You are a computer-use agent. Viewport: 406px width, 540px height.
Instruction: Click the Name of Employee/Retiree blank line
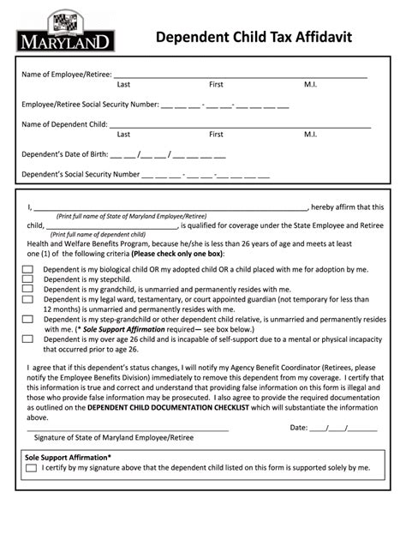(240, 75)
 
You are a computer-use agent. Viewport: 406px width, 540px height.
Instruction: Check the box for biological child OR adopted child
(27, 269)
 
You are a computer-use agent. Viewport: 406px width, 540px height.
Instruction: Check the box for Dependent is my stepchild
(27, 279)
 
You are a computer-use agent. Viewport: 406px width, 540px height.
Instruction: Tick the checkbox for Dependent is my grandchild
(27, 290)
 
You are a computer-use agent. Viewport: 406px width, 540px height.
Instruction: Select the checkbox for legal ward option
(27, 300)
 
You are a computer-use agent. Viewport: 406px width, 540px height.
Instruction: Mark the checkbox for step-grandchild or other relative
(27, 320)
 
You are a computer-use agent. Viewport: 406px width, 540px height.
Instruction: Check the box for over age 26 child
(27, 339)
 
